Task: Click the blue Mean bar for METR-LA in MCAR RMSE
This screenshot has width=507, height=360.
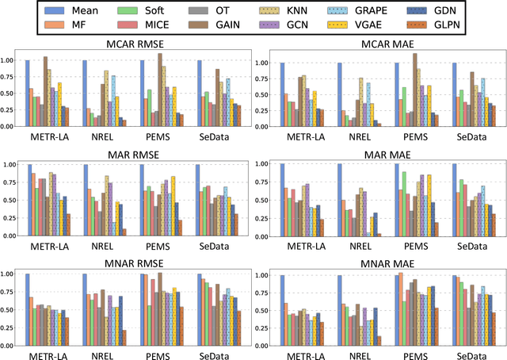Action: click(28, 94)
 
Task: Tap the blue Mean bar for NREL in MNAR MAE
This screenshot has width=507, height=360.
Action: click(341, 310)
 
